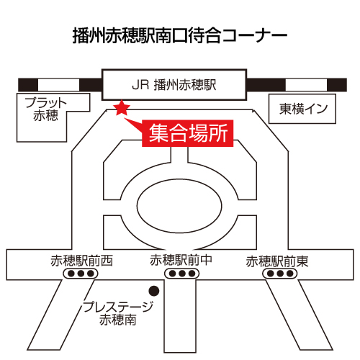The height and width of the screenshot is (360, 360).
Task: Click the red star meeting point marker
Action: coord(122,108)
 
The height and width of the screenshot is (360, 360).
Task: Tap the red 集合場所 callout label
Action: coord(188,133)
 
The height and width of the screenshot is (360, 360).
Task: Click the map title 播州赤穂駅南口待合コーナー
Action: coord(180,35)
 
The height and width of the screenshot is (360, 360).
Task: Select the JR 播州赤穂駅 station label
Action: coord(174,85)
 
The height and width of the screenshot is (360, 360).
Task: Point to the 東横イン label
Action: coord(303,109)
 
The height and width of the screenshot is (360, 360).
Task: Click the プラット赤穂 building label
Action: coord(45,109)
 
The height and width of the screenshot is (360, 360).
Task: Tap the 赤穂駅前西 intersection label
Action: coord(81,261)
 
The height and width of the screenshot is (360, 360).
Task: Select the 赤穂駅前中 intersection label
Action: coord(181,260)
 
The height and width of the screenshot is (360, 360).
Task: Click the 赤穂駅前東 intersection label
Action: coord(277,261)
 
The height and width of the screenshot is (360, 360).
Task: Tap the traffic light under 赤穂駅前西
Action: coord(81,274)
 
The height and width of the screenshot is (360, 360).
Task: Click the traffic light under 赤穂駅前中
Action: coord(182,274)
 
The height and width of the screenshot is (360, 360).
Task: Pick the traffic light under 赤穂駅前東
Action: coord(280,274)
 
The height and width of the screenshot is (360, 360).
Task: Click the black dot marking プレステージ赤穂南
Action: coord(154,291)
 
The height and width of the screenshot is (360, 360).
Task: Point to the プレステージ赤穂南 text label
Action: coord(118,313)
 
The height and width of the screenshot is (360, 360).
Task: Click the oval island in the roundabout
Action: coord(179,206)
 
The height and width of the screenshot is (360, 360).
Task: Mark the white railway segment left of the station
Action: coord(58,85)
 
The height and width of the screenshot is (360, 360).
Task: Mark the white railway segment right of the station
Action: coord(306,85)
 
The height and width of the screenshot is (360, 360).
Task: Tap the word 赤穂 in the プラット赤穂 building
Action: coord(45,115)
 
